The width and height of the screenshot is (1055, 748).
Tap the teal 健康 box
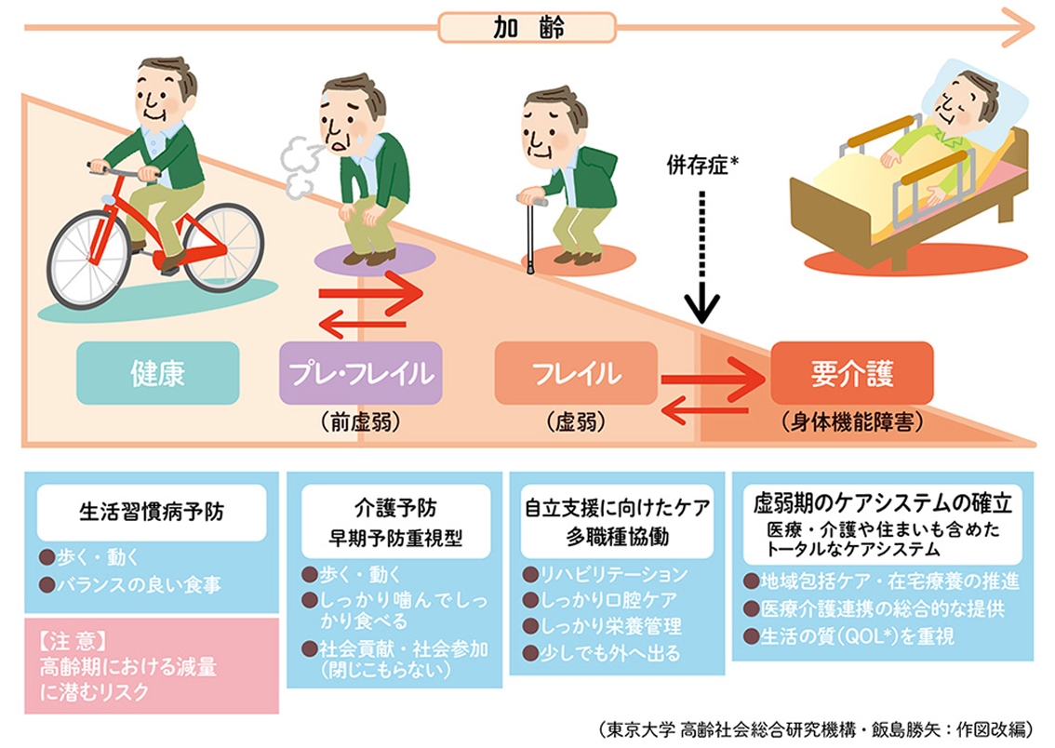coord(157,373)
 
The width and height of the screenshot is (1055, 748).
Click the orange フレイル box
coord(576,373)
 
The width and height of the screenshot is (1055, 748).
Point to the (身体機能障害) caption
coord(853,422)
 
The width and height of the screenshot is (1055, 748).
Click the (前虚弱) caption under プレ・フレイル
coord(359,422)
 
